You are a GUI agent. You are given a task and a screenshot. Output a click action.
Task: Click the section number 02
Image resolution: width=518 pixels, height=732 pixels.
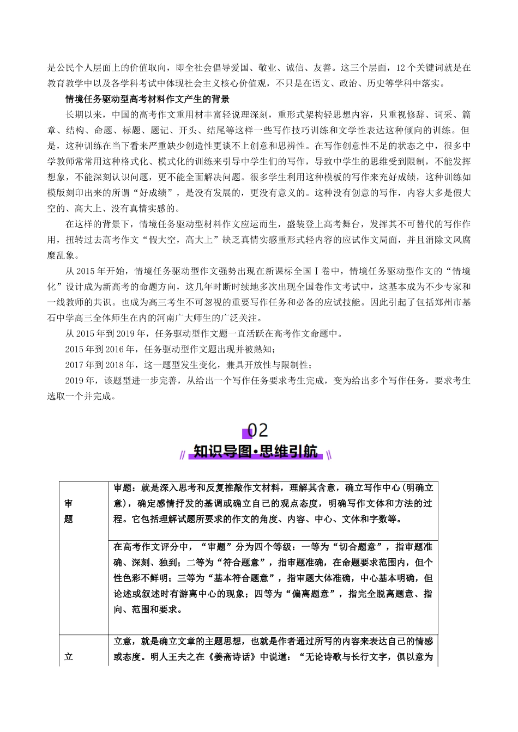[258, 430]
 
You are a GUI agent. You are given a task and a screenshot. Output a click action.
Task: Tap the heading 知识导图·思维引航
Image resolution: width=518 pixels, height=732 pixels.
[256, 452]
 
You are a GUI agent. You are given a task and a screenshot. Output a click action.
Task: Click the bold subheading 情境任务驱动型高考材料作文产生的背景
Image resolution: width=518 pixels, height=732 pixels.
[147, 99]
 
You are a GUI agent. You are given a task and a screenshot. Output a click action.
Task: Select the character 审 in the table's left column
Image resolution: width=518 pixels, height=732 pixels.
[68, 504]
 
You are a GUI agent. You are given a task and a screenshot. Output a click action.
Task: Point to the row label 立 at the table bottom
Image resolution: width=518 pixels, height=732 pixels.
[68, 657]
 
